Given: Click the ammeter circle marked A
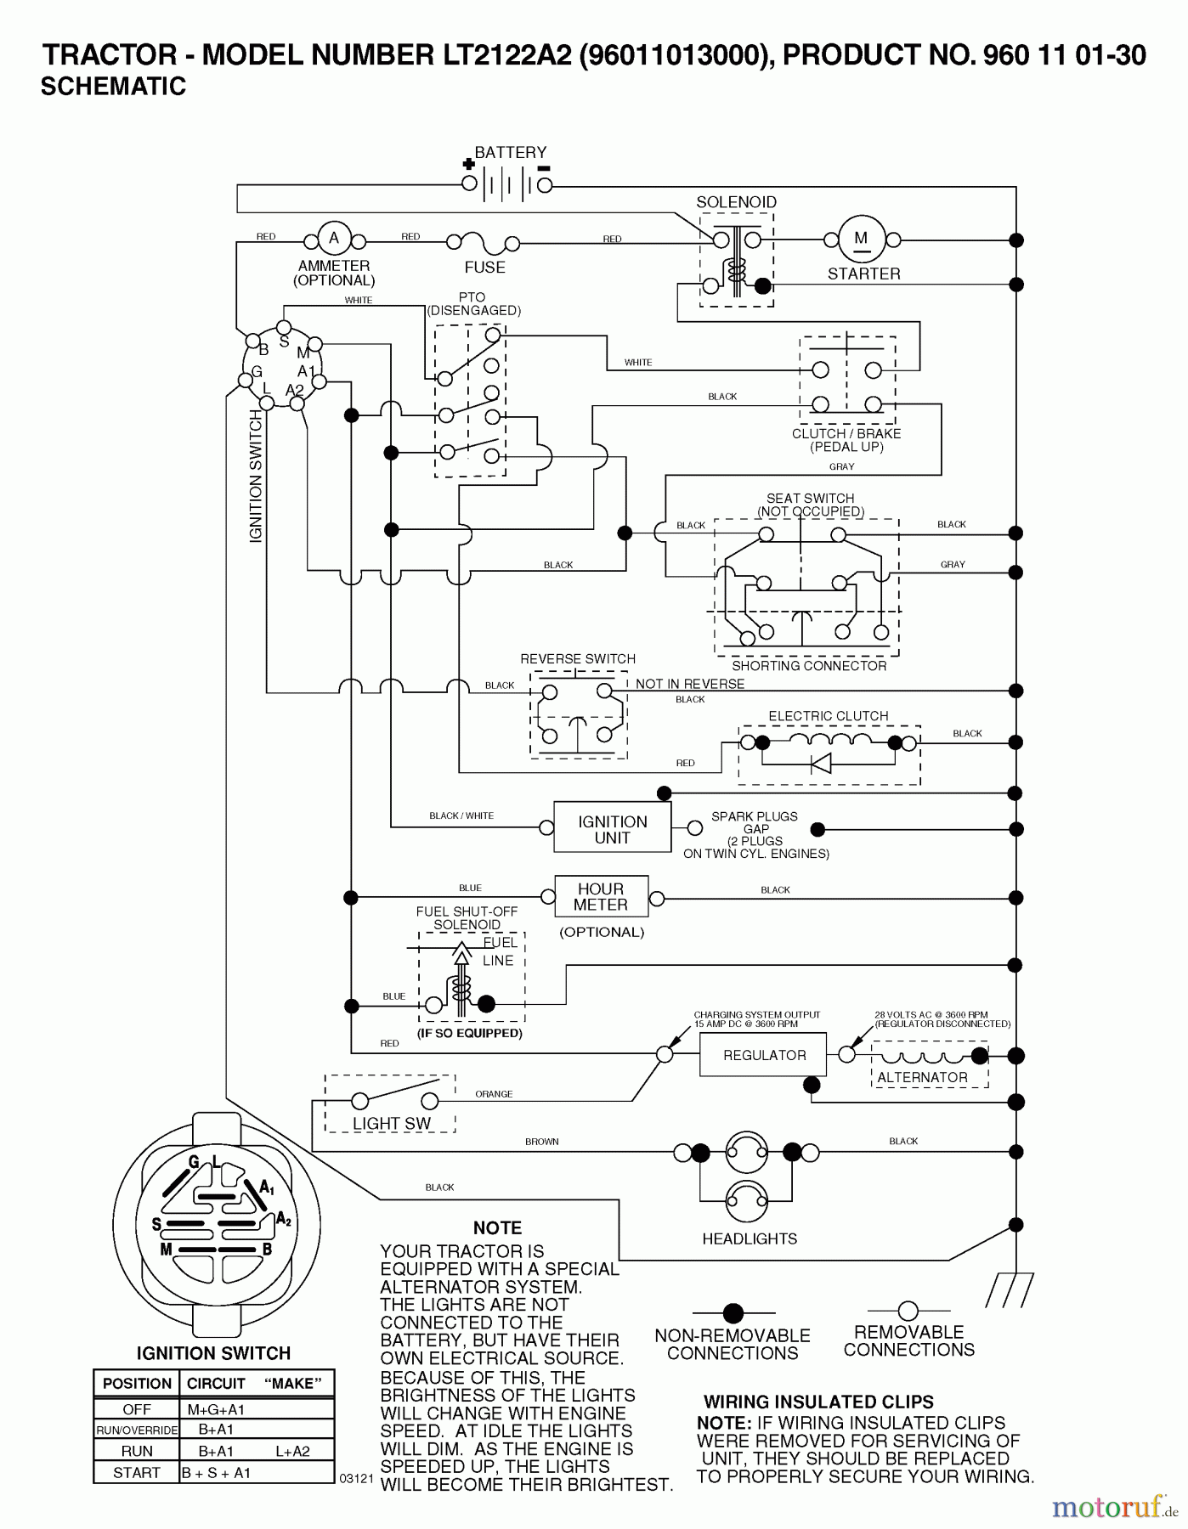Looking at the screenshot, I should coord(334,239).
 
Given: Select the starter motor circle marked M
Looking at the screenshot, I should coord(862,239).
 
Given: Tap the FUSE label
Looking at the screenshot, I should coord(484,268).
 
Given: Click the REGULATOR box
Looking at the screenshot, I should coord(763,1055).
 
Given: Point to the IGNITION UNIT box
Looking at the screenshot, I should coord(612,828).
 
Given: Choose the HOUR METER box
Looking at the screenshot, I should coord(601,897).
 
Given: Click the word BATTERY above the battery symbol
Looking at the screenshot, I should coord(510,153).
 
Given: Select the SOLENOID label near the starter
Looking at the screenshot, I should coord(736,202).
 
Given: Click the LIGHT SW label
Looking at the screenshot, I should coord(392,1123).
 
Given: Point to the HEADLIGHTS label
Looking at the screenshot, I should coord(750,1239).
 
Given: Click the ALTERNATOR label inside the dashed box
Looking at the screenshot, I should coord(922,1077).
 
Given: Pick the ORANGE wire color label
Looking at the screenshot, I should coord(494,1094).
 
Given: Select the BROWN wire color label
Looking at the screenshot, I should coord(541,1142).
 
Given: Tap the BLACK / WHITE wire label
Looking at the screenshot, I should coord(461,815).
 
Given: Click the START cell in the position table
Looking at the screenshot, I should coord(137,1473).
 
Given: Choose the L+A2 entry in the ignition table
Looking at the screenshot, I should coord(294,1452).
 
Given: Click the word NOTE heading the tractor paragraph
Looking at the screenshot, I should coord(497,1228).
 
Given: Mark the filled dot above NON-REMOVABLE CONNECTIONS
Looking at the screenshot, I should coord(733,1313).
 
